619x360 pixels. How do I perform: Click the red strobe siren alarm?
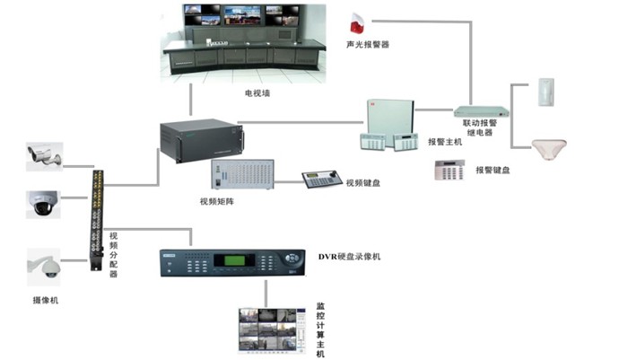tap(357, 23)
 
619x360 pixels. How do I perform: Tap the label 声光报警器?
tap(368, 45)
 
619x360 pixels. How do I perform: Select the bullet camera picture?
tap(44, 156)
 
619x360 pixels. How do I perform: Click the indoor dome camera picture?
tap(43, 205)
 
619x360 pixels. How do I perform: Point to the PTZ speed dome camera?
tap(44, 267)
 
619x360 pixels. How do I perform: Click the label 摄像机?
tap(46, 301)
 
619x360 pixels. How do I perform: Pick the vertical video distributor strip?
tap(97, 220)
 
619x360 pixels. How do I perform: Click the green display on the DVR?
tap(229, 260)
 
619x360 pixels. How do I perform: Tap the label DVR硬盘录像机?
tap(349, 257)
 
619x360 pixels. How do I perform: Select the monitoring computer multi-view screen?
tap(272, 330)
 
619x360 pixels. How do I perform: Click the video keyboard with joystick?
tap(322, 180)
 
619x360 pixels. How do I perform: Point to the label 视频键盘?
tap(363, 183)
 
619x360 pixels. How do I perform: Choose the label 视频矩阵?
tap(217, 201)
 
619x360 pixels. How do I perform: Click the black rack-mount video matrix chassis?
tap(201, 140)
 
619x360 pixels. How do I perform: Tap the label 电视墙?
tap(257, 93)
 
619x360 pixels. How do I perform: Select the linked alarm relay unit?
tap(481, 111)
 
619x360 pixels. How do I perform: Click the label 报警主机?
tap(445, 142)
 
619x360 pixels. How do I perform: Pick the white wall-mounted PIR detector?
tap(546, 92)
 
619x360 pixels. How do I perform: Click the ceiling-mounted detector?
tap(549, 149)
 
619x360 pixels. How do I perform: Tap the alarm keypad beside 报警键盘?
tap(449, 170)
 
